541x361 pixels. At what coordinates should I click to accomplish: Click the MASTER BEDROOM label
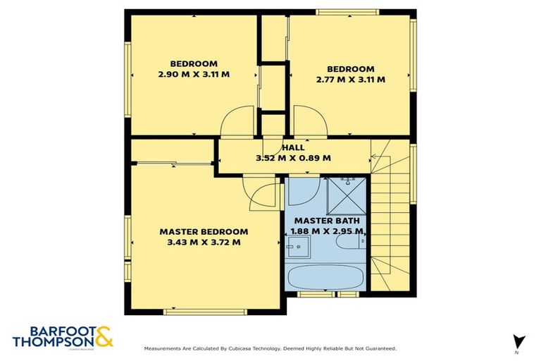(204, 231)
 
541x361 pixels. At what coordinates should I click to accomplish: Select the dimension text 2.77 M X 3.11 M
(350, 80)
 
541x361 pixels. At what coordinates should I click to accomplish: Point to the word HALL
(293, 147)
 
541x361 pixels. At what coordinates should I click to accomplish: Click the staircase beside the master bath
(392, 219)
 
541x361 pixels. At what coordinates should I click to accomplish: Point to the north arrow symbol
(519, 341)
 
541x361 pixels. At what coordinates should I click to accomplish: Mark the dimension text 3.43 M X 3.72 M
(204, 242)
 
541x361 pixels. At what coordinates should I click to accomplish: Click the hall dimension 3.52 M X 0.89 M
(293, 158)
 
